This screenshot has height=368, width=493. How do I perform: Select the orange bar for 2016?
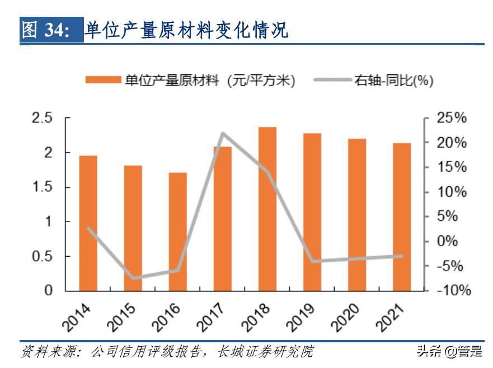[x=178, y=232]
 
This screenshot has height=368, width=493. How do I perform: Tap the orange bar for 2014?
[x=88, y=223]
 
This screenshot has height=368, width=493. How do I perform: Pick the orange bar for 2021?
[x=402, y=217]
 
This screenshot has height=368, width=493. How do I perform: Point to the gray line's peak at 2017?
[x=223, y=134]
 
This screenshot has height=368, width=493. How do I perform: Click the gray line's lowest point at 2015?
[x=133, y=278]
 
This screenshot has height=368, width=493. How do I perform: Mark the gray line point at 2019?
[x=312, y=261]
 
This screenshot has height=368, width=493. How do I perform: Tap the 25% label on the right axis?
[x=452, y=118]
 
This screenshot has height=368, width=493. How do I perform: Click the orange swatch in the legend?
[x=104, y=81]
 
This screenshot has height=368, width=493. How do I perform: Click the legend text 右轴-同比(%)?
[x=394, y=81]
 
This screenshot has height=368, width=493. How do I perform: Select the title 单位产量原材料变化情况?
[x=186, y=31]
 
